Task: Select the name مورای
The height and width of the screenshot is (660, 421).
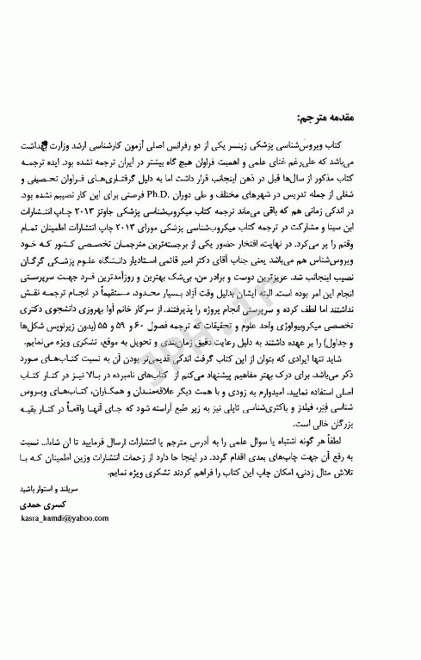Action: [188, 220]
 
